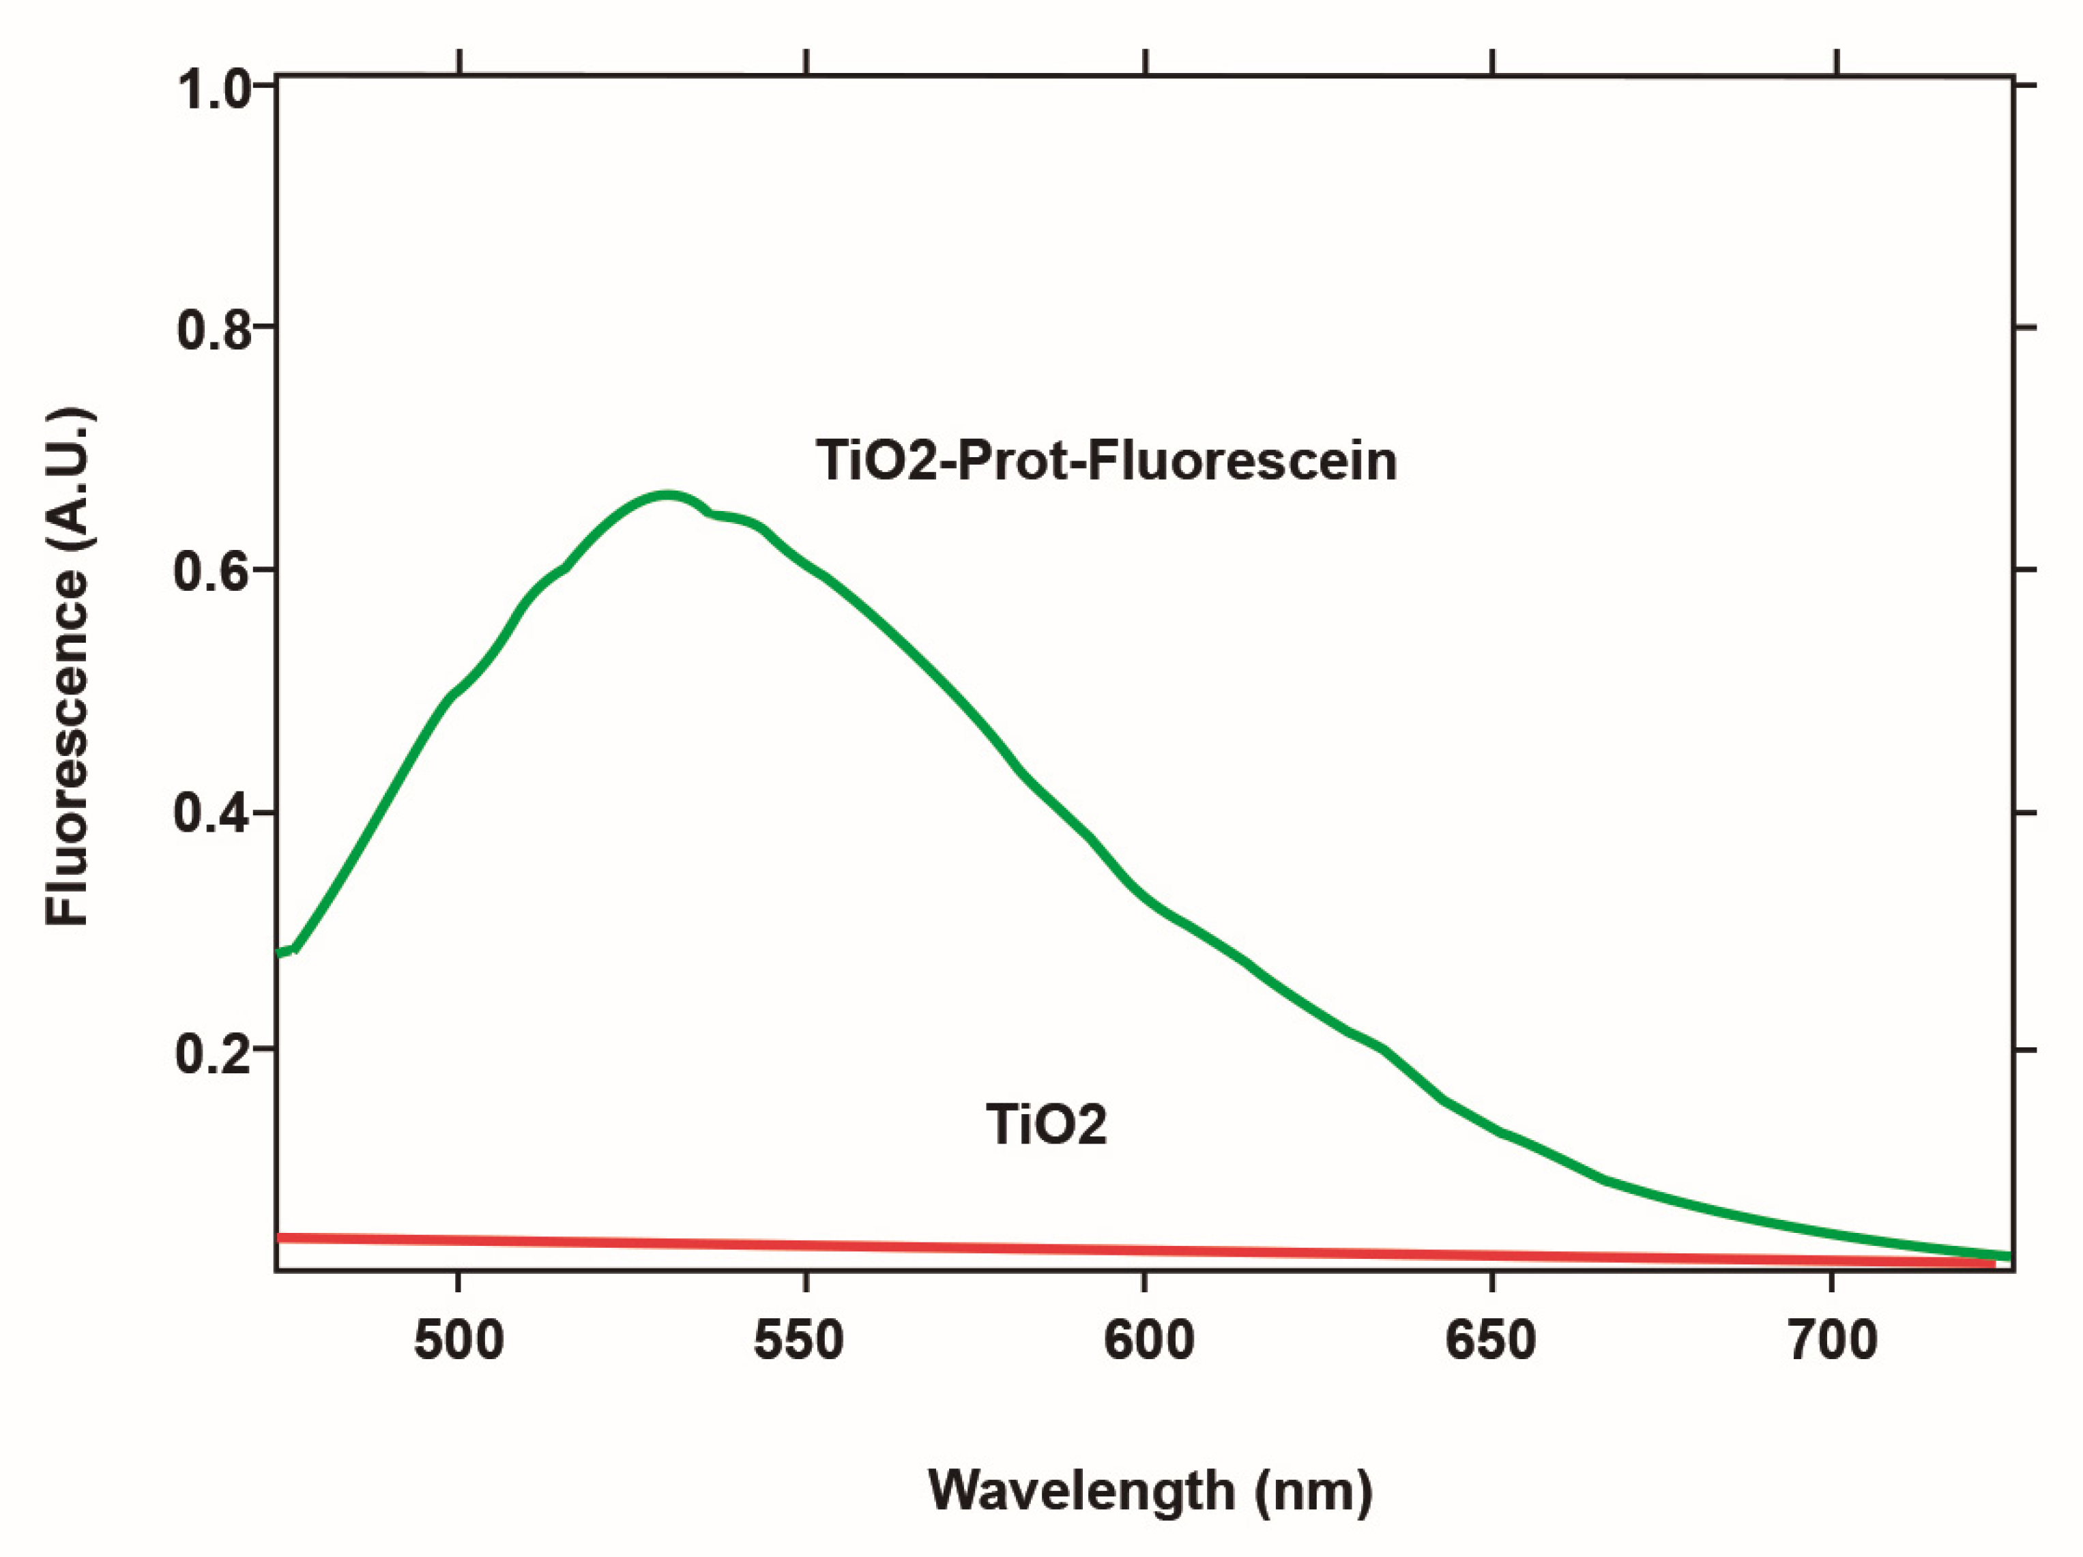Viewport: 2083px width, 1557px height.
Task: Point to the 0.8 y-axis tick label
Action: (215, 331)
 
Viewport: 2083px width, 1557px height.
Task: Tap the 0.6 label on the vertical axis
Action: (213, 572)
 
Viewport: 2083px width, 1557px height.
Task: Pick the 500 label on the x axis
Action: (458, 1341)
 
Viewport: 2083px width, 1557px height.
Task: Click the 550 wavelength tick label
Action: (798, 1341)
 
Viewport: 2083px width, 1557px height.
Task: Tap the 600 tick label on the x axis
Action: (1149, 1341)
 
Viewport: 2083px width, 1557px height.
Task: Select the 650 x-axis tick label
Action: (1491, 1341)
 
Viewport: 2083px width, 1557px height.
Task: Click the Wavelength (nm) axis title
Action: (1151, 1491)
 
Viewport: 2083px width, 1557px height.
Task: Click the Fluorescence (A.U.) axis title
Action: (68, 666)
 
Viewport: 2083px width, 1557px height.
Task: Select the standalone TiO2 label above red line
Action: (1046, 1124)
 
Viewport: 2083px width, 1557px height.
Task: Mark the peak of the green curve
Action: (667, 495)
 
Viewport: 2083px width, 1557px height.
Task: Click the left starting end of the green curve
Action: (280, 952)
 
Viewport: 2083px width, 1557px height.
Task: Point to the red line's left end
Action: (280, 1237)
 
